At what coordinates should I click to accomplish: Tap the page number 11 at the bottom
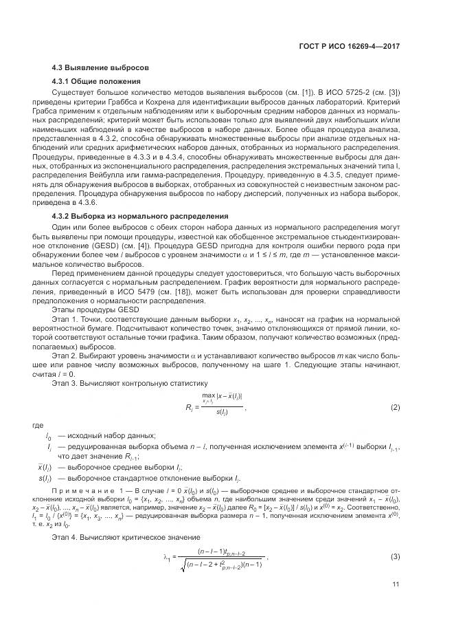click(x=396, y=604)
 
